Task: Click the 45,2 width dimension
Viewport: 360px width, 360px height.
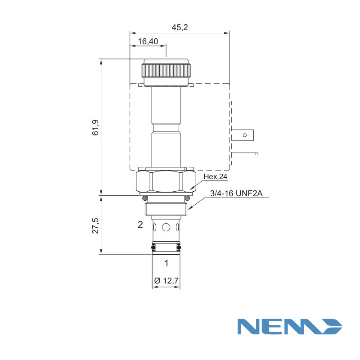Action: click(x=180, y=27)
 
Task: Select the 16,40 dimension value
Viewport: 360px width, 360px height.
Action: click(x=148, y=41)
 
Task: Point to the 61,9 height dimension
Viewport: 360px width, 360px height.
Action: click(x=95, y=127)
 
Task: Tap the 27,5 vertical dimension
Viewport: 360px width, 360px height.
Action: click(x=95, y=226)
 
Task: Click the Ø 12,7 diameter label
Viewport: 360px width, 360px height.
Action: click(x=166, y=280)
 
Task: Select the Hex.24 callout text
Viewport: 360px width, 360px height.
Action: click(x=216, y=176)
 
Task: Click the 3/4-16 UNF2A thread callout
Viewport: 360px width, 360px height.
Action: click(x=236, y=193)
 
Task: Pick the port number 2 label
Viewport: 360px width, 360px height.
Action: click(x=140, y=224)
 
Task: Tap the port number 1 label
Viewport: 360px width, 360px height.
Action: click(x=166, y=263)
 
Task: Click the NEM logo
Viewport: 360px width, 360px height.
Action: click(x=290, y=326)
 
